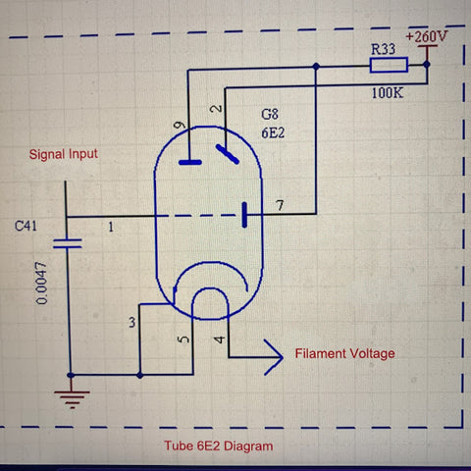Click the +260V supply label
(x=426, y=36)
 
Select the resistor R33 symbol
(x=388, y=66)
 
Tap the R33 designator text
(x=385, y=48)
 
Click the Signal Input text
(x=64, y=154)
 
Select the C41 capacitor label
(x=27, y=225)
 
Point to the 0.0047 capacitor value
(x=40, y=285)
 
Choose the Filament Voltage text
(x=345, y=352)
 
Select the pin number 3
(x=131, y=323)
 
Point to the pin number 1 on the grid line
(x=110, y=227)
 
